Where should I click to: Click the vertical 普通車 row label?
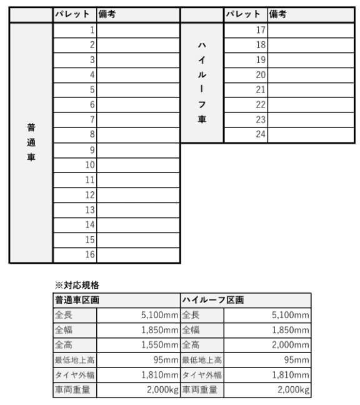[31, 142]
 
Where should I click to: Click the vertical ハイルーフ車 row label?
[201, 82]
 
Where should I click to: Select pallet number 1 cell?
[75, 30]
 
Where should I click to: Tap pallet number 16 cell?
[75, 255]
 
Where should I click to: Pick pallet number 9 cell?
[75, 150]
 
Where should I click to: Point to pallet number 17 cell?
[246, 30]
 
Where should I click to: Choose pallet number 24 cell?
[246, 135]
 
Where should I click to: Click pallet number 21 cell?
[246, 90]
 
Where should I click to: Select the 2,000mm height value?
[289, 344]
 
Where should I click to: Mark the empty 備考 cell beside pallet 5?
[138, 90]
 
